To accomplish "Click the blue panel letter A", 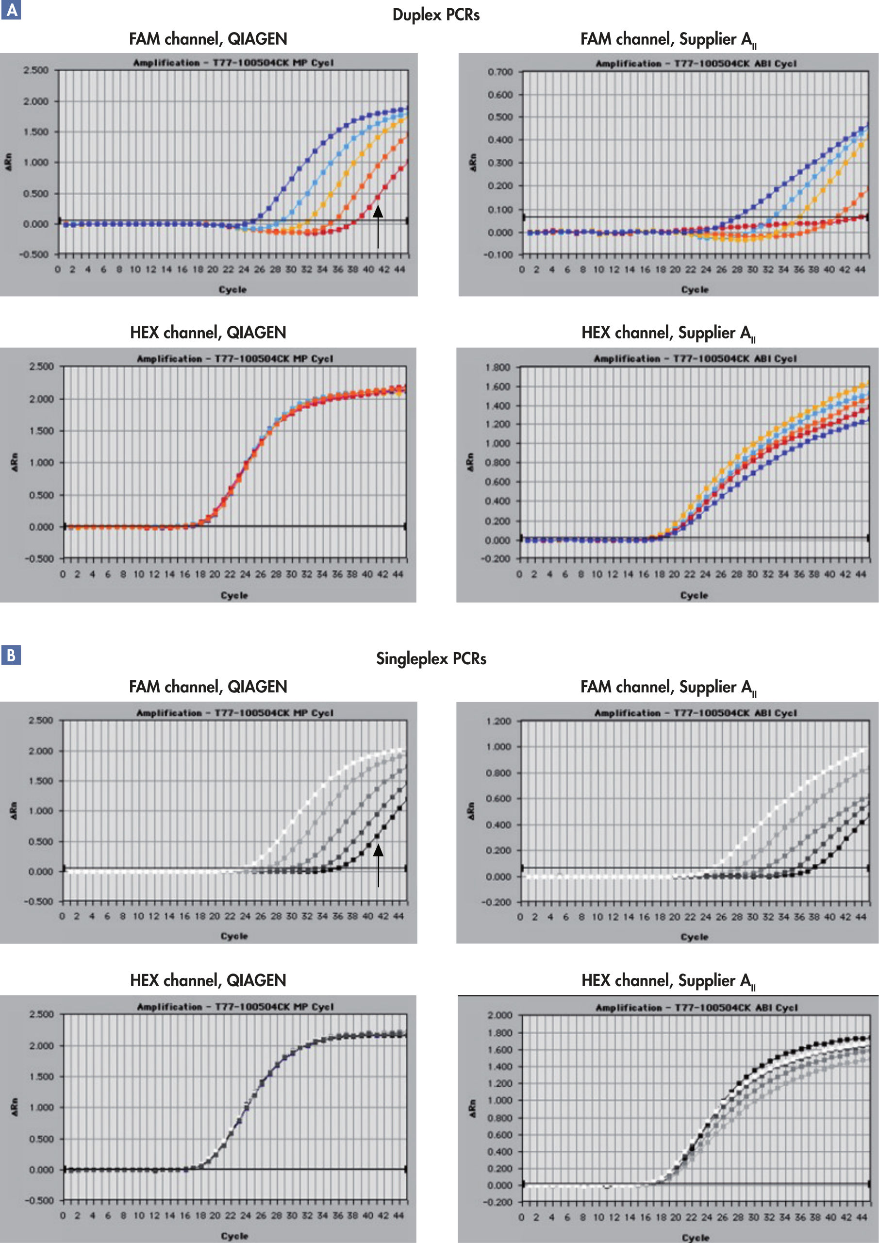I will (x=11, y=10).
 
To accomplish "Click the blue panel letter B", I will (x=11, y=655).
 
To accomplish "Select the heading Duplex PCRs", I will (x=436, y=15).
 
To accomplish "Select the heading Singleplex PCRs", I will (x=431, y=659).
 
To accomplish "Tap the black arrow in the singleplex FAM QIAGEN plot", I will (x=378, y=865).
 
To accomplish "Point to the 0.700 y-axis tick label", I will (x=499, y=72).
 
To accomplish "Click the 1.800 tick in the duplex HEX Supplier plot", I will (x=498, y=368).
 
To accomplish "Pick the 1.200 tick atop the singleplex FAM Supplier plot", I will (x=498, y=722).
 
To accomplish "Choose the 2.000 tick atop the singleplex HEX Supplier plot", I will (x=499, y=1015).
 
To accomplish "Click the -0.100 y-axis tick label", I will (x=499, y=255).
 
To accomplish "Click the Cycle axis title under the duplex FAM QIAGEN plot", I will (x=233, y=290).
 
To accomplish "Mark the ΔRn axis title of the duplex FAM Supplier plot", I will (x=474, y=162).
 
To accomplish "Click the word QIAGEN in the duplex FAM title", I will (x=257, y=39).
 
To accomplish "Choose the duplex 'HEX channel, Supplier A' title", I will (x=668, y=333).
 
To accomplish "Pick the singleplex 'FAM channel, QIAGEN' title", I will (x=208, y=687).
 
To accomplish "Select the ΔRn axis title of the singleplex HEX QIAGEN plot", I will (x=15, y=1107).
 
